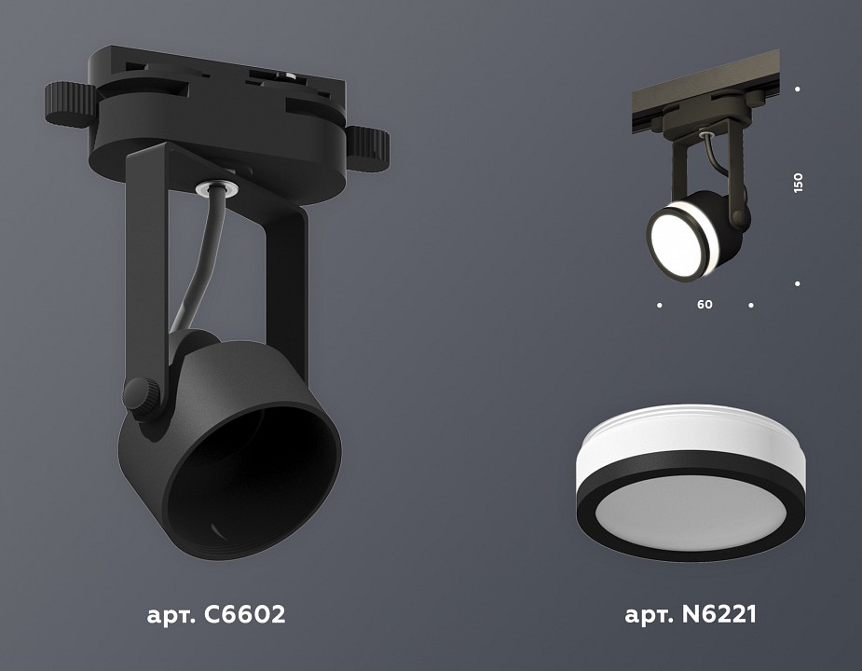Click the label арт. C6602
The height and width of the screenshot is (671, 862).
tap(215, 615)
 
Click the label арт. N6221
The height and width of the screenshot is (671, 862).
tap(691, 615)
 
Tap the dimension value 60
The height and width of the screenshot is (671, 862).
tap(705, 305)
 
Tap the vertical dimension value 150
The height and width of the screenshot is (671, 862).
tap(798, 183)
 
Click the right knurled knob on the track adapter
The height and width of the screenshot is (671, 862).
tap(370, 144)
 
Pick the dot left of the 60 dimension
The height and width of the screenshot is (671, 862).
tap(660, 305)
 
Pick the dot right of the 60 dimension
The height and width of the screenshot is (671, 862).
tap(751, 305)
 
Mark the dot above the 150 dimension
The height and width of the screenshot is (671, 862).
tap(798, 89)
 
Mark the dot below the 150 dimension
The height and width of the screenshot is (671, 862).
tap(798, 282)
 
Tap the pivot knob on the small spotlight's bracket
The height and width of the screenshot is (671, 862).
tap(741, 220)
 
